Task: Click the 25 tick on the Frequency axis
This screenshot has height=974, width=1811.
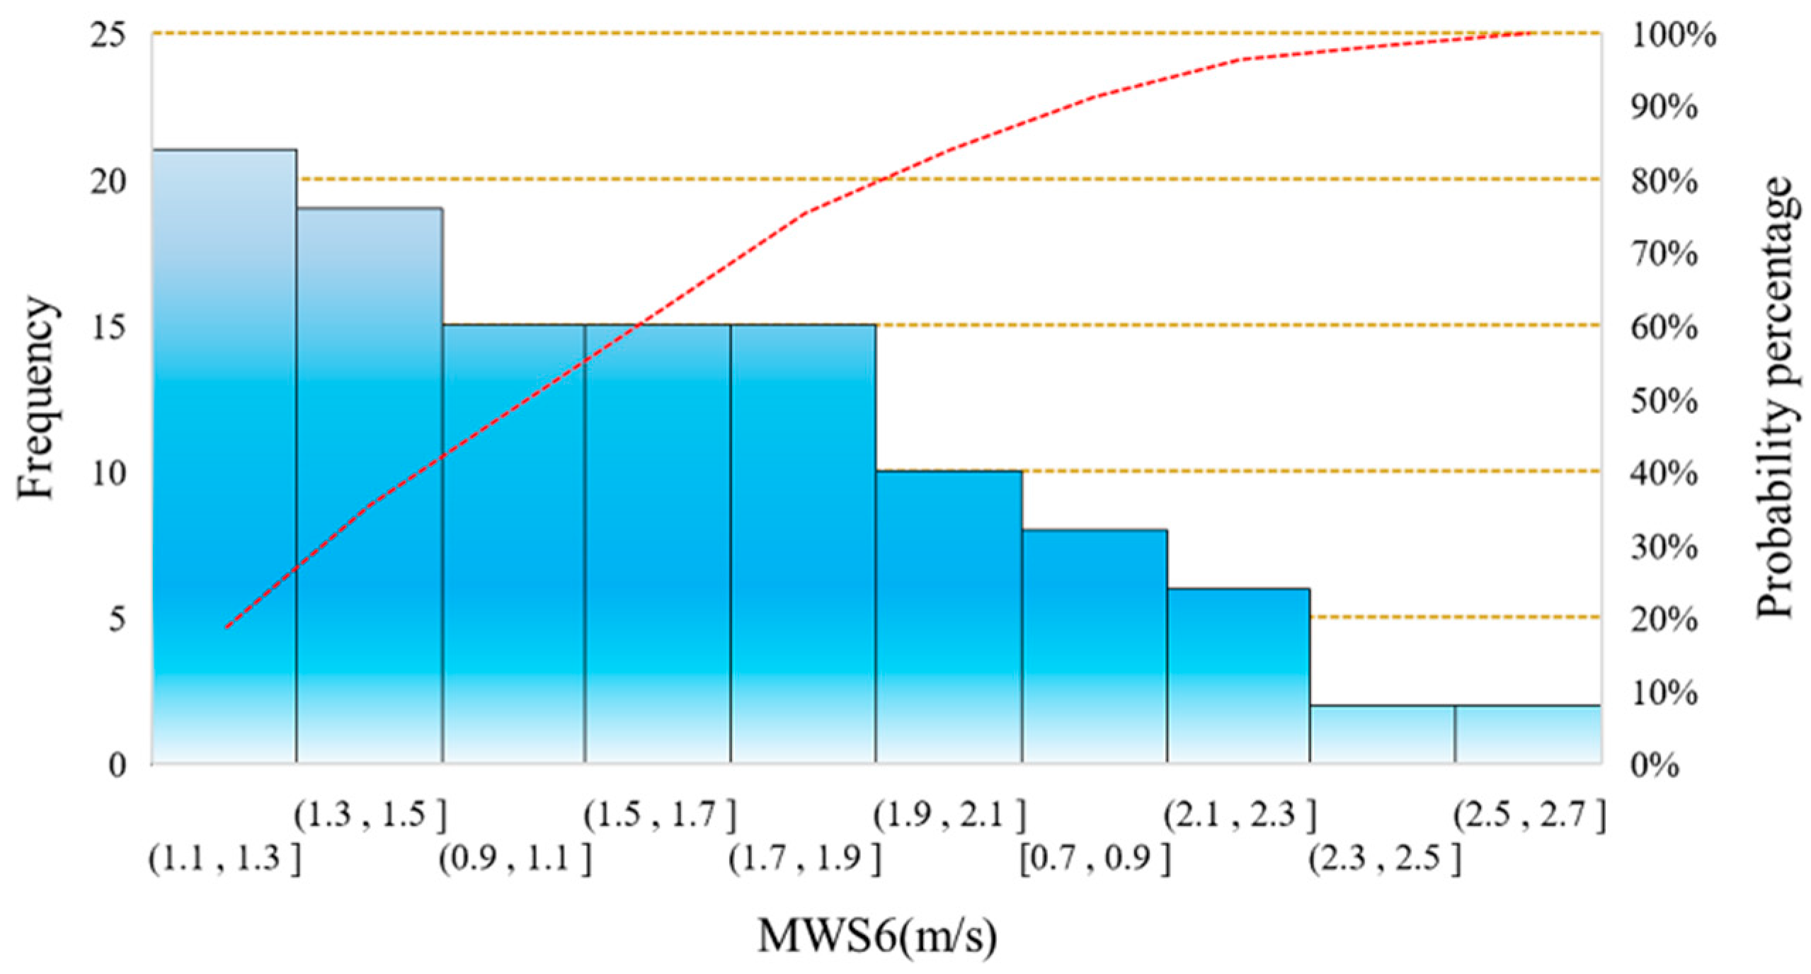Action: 109,35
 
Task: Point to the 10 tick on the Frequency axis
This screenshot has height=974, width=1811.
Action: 109,472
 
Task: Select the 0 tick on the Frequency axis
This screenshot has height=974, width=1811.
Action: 118,765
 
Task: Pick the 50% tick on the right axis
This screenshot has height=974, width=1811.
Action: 1662,401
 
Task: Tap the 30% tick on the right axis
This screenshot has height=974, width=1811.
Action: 1662,547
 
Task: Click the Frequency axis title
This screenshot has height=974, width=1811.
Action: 35,398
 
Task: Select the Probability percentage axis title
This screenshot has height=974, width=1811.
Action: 1775,398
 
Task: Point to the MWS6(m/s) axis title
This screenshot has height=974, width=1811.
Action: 877,936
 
